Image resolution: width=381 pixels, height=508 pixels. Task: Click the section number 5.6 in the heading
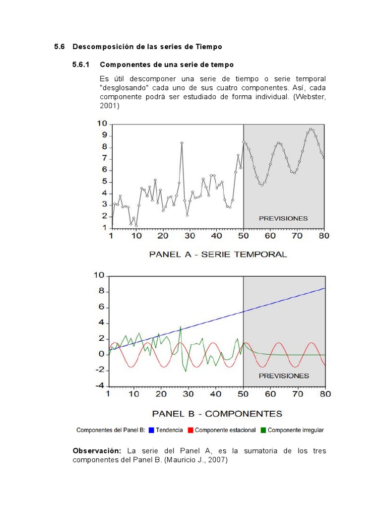tap(60, 47)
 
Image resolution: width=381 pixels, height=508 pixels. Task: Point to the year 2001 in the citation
tap(109, 106)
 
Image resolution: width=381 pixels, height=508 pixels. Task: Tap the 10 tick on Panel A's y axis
tap(102, 124)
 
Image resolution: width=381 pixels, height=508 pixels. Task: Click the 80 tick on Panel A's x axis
tap(324, 236)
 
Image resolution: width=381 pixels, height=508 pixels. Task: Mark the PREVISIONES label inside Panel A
tap(283, 218)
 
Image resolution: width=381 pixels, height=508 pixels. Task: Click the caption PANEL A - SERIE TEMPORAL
tap(218, 254)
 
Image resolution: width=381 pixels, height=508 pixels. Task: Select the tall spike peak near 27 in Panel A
tap(182, 143)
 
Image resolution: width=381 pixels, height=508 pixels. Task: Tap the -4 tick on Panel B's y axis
tap(100, 385)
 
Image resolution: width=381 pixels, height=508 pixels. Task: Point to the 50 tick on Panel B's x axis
tap(243, 394)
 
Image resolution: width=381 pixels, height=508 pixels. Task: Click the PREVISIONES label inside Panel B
tap(284, 376)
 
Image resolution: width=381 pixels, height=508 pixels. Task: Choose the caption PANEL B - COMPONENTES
tap(217, 413)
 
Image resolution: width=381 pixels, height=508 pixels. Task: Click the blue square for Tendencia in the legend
tap(151, 430)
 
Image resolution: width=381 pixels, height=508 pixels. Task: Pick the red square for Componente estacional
tap(190, 430)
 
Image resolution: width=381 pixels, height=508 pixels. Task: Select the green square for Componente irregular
tap(263, 430)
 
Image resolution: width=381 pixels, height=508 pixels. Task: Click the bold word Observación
tap(97, 450)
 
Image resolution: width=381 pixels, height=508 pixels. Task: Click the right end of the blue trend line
tap(324, 288)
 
